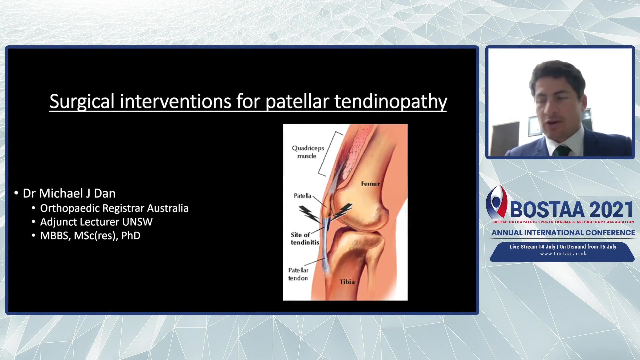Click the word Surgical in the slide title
[82, 101]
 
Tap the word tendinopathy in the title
[390, 101]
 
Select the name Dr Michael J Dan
[69, 193]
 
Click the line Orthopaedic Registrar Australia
[114, 208]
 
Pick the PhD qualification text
[131, 236]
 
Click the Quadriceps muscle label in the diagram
[308, 152]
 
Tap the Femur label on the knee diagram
[370, 184]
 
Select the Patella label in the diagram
[302, 196]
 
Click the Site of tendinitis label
[305, 239]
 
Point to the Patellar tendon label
[298, 274]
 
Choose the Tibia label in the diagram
[347, 282]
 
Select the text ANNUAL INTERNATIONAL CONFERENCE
[563, 233]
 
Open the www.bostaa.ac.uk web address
[563, 254]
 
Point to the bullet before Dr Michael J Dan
[16, 193]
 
